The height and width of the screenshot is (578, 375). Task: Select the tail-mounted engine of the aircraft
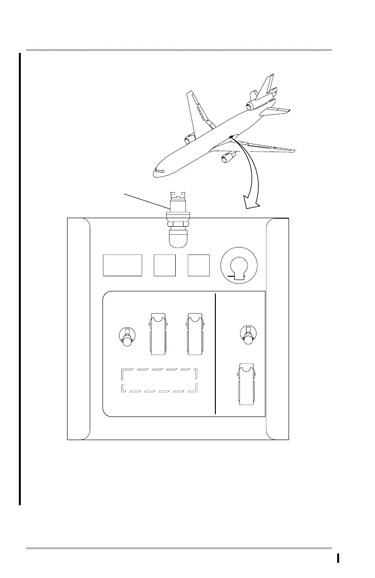(256, 97)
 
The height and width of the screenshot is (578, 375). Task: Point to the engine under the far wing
(189, 139)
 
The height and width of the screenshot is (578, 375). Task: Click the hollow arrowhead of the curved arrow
(250, 202)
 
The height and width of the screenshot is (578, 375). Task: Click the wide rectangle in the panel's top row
(122, 265)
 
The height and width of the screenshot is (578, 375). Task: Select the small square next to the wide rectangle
(165, 265)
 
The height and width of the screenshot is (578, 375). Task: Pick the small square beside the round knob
(198, 265)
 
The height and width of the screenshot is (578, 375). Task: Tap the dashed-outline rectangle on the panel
(159, 380)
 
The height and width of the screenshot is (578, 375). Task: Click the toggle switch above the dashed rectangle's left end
(126, 337)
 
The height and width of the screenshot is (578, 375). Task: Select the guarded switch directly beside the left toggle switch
(157, 333)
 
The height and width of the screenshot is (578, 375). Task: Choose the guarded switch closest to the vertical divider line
(195, 333)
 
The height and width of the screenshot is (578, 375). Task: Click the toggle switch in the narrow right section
(247, 336)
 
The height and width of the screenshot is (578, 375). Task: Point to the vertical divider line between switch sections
(215, 354)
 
